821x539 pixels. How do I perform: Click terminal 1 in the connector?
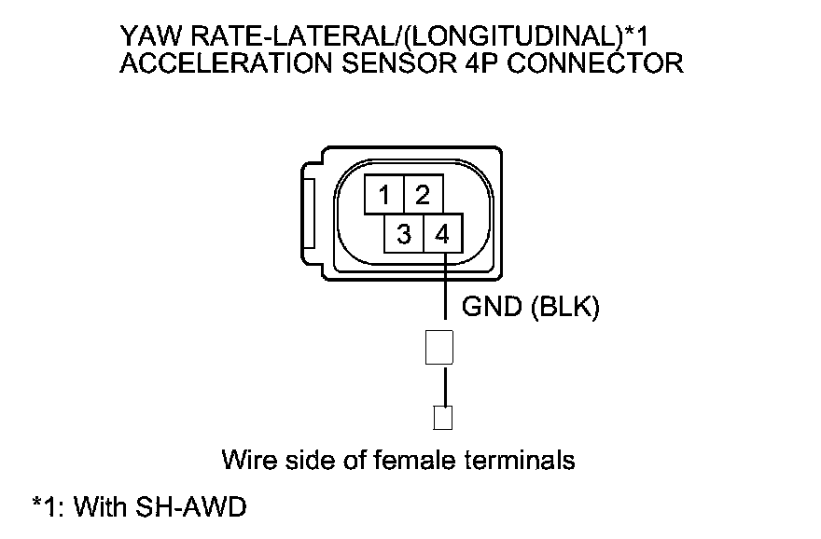(383, 195)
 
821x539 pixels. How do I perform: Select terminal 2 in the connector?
(423, 195)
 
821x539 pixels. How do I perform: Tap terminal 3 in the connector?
(403, 235)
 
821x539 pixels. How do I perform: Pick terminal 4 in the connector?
(443, 235)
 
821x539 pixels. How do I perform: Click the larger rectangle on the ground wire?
(438, 346)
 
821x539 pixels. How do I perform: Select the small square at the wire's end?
(443, 418)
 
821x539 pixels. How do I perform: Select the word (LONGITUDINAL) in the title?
(513, 37)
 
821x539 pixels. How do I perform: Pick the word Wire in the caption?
(245, 460)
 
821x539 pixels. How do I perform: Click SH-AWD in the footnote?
(191, 508)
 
